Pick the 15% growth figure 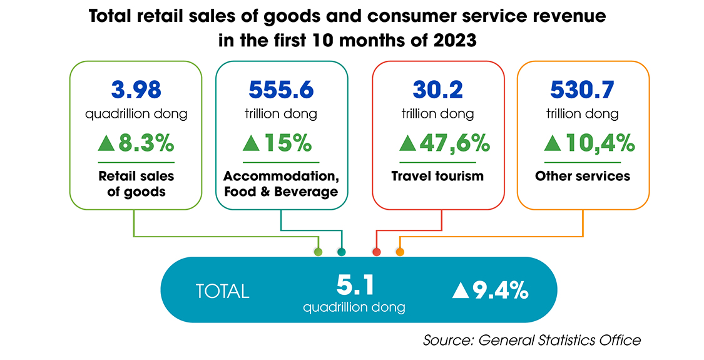[x=288, y=143]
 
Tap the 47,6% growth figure [x=454, y=143]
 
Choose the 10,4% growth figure [x=599, y=143]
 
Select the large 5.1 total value [x=354, y=285]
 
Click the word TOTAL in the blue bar [x=222, y=291]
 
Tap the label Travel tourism [x=437, y=176]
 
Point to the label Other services [x=582, y=176]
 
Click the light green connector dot [x=318, y=252]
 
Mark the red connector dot [x=377, y=252]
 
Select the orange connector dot [x=400, y=252]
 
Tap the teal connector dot [x=341, y=252]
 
